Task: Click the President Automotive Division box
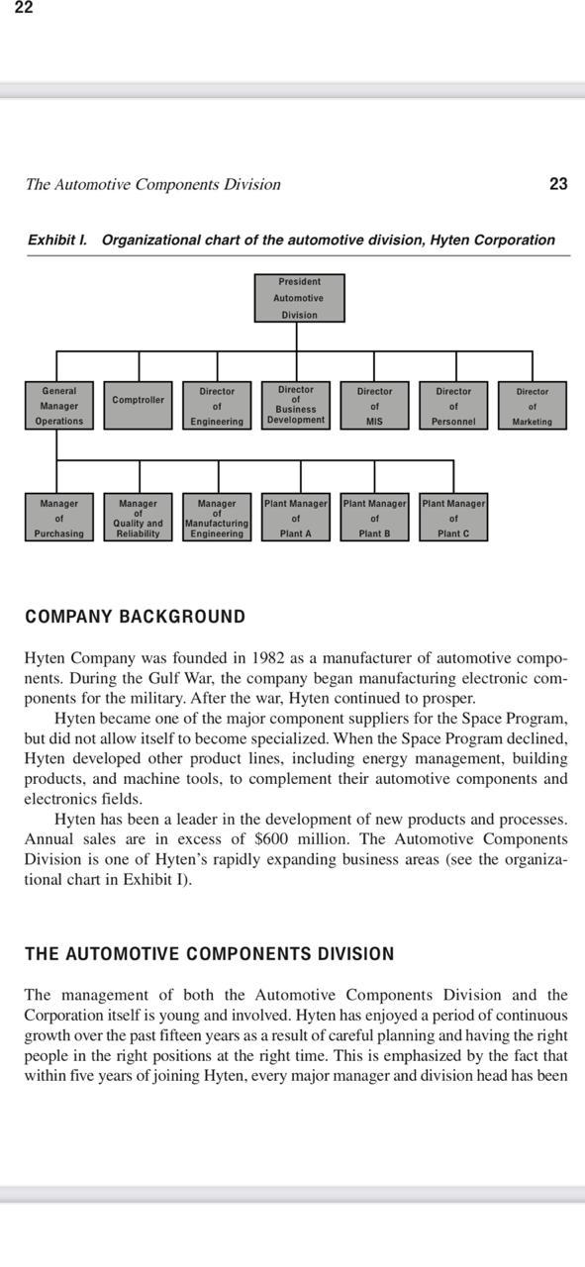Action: point(299,298)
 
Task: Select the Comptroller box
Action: point(138,405)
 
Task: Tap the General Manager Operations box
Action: point(58,405)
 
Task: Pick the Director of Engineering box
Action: point(217,405)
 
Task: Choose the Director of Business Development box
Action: point(296,405)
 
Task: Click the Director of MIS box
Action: point(374,405)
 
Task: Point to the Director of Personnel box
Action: point(453,405)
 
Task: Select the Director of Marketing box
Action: point(532,405)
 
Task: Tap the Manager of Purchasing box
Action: point(58,518)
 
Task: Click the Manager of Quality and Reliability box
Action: point(138,518)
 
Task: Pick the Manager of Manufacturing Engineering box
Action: point(217,518)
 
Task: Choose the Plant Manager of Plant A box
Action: point(295,518)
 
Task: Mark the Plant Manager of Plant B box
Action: point(374,518)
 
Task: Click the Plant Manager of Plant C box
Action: point(453,518)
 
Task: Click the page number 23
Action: point(558,184)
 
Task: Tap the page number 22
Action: point(24,8)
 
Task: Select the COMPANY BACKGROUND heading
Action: point(135,617)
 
